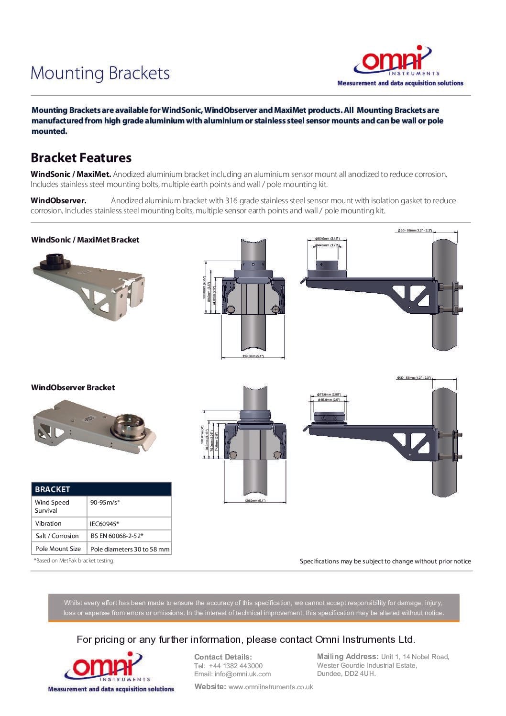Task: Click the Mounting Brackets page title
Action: click(100, 73)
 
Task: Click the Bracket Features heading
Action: click(81, 158)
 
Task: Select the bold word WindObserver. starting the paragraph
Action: click(58, 200)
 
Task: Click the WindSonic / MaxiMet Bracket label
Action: click(85, 240)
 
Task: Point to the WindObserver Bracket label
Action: click(73, 387)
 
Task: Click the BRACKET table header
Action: click(53, 489)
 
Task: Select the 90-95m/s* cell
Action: click(105, 502)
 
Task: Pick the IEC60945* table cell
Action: click(104, 524)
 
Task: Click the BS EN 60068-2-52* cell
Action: click(117, 536)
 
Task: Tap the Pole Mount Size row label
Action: click(58, 549)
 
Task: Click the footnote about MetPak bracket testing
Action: click(74, 561)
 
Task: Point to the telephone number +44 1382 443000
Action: click(235, 666)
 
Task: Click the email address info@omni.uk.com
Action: click(242, 674)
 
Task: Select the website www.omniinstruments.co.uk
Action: click(271, 687)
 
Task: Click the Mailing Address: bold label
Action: click(348, 657)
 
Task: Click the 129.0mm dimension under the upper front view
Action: click(253, 356)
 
